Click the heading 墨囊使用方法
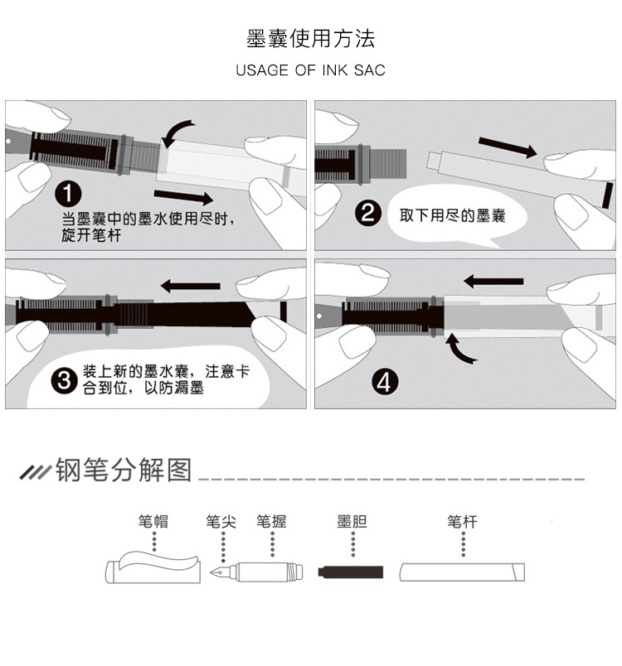(310, 38)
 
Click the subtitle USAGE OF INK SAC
(310, 70)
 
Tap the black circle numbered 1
(68, 195)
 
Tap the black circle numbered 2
(368, 215)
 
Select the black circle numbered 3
(64, 380)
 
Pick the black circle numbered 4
(386, 382)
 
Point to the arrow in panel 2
(508, 148)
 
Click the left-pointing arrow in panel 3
(190, 286)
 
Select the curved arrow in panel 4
(462, 349)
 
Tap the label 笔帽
(153, 522)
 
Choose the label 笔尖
(221, 522)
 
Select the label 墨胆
(352, 522)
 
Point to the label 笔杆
(462, 522)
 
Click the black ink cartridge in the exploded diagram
(352, 572)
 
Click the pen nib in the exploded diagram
(220, 572)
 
